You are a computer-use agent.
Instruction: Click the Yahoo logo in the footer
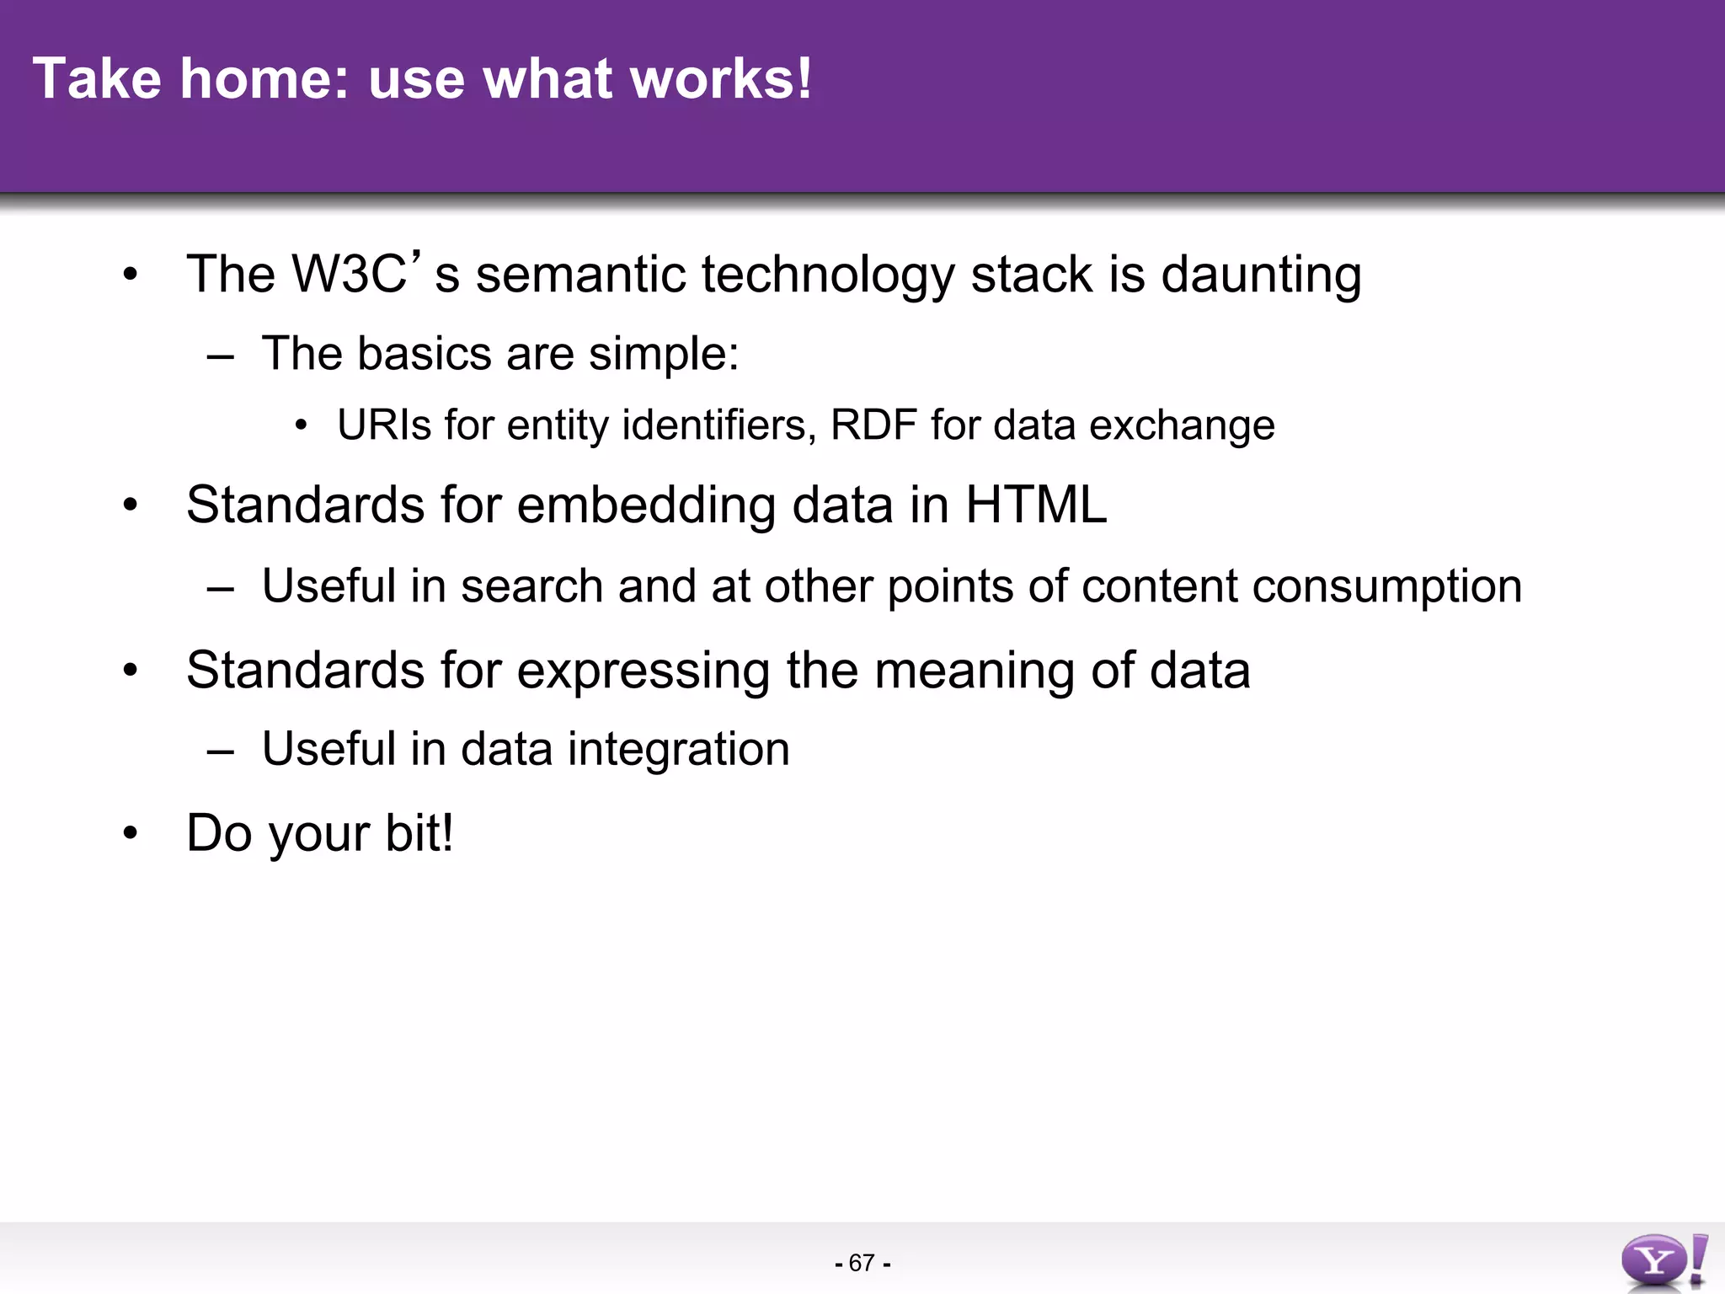click(1663, 1260)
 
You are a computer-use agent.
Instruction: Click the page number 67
click(862, 1263)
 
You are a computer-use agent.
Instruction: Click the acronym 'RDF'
click(873, 425)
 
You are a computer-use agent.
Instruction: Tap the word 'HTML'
click(1035, 505)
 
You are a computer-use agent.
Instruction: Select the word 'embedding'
click(646, 506)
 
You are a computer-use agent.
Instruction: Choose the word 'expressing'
click(643, 671)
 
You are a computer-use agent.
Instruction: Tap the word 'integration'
click(678, 750)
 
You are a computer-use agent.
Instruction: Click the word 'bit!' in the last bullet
click(419, 832)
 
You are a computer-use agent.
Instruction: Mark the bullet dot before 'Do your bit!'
click(130, 833)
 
